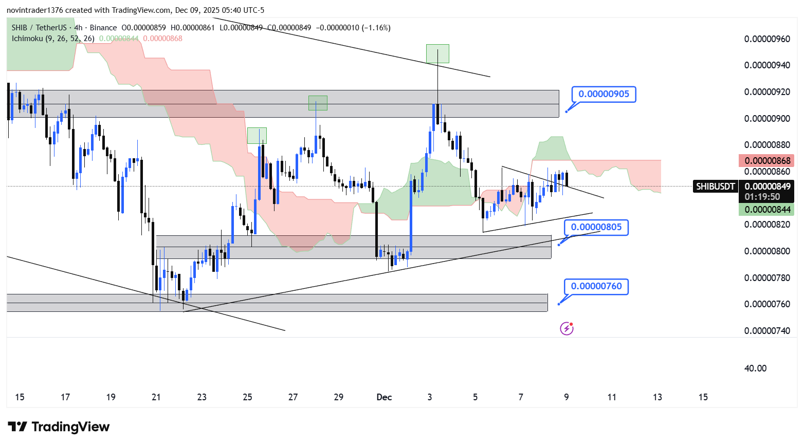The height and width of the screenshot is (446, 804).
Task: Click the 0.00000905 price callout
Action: tap(604, 94)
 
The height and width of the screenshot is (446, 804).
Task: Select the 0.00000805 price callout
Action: tap(596, 227)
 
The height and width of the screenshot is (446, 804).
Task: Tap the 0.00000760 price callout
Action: tap(596, 286)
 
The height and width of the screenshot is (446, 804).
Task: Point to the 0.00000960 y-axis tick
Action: tap(767, 39)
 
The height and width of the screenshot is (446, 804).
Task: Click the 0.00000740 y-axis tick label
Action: tap(767, 331)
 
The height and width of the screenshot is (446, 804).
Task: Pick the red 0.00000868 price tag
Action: tap(767, 161)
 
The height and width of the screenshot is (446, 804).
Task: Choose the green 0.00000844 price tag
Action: tap(767, 209)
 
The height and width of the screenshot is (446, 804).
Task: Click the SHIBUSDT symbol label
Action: tap(715, 187)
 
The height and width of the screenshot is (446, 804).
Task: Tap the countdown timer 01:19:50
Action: tap(762, 197)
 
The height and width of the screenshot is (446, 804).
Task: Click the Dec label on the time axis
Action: tap(384, 397)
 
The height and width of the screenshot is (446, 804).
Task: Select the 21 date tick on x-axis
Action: tap(156, 397)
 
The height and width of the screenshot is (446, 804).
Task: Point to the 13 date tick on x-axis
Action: tap(657, 397)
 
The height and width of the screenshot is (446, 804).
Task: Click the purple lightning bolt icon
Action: tap(567, 328)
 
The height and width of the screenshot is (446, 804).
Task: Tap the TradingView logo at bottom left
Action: tap(59, 427)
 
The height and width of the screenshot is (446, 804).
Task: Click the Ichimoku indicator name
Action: tap(27, 39)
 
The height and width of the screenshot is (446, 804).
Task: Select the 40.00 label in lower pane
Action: tap(755, 368)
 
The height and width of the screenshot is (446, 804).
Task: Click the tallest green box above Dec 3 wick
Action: tap(437, 53)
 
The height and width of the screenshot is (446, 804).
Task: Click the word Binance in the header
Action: tap(103, 28)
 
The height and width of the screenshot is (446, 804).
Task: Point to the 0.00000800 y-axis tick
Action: tap(767, 251)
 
